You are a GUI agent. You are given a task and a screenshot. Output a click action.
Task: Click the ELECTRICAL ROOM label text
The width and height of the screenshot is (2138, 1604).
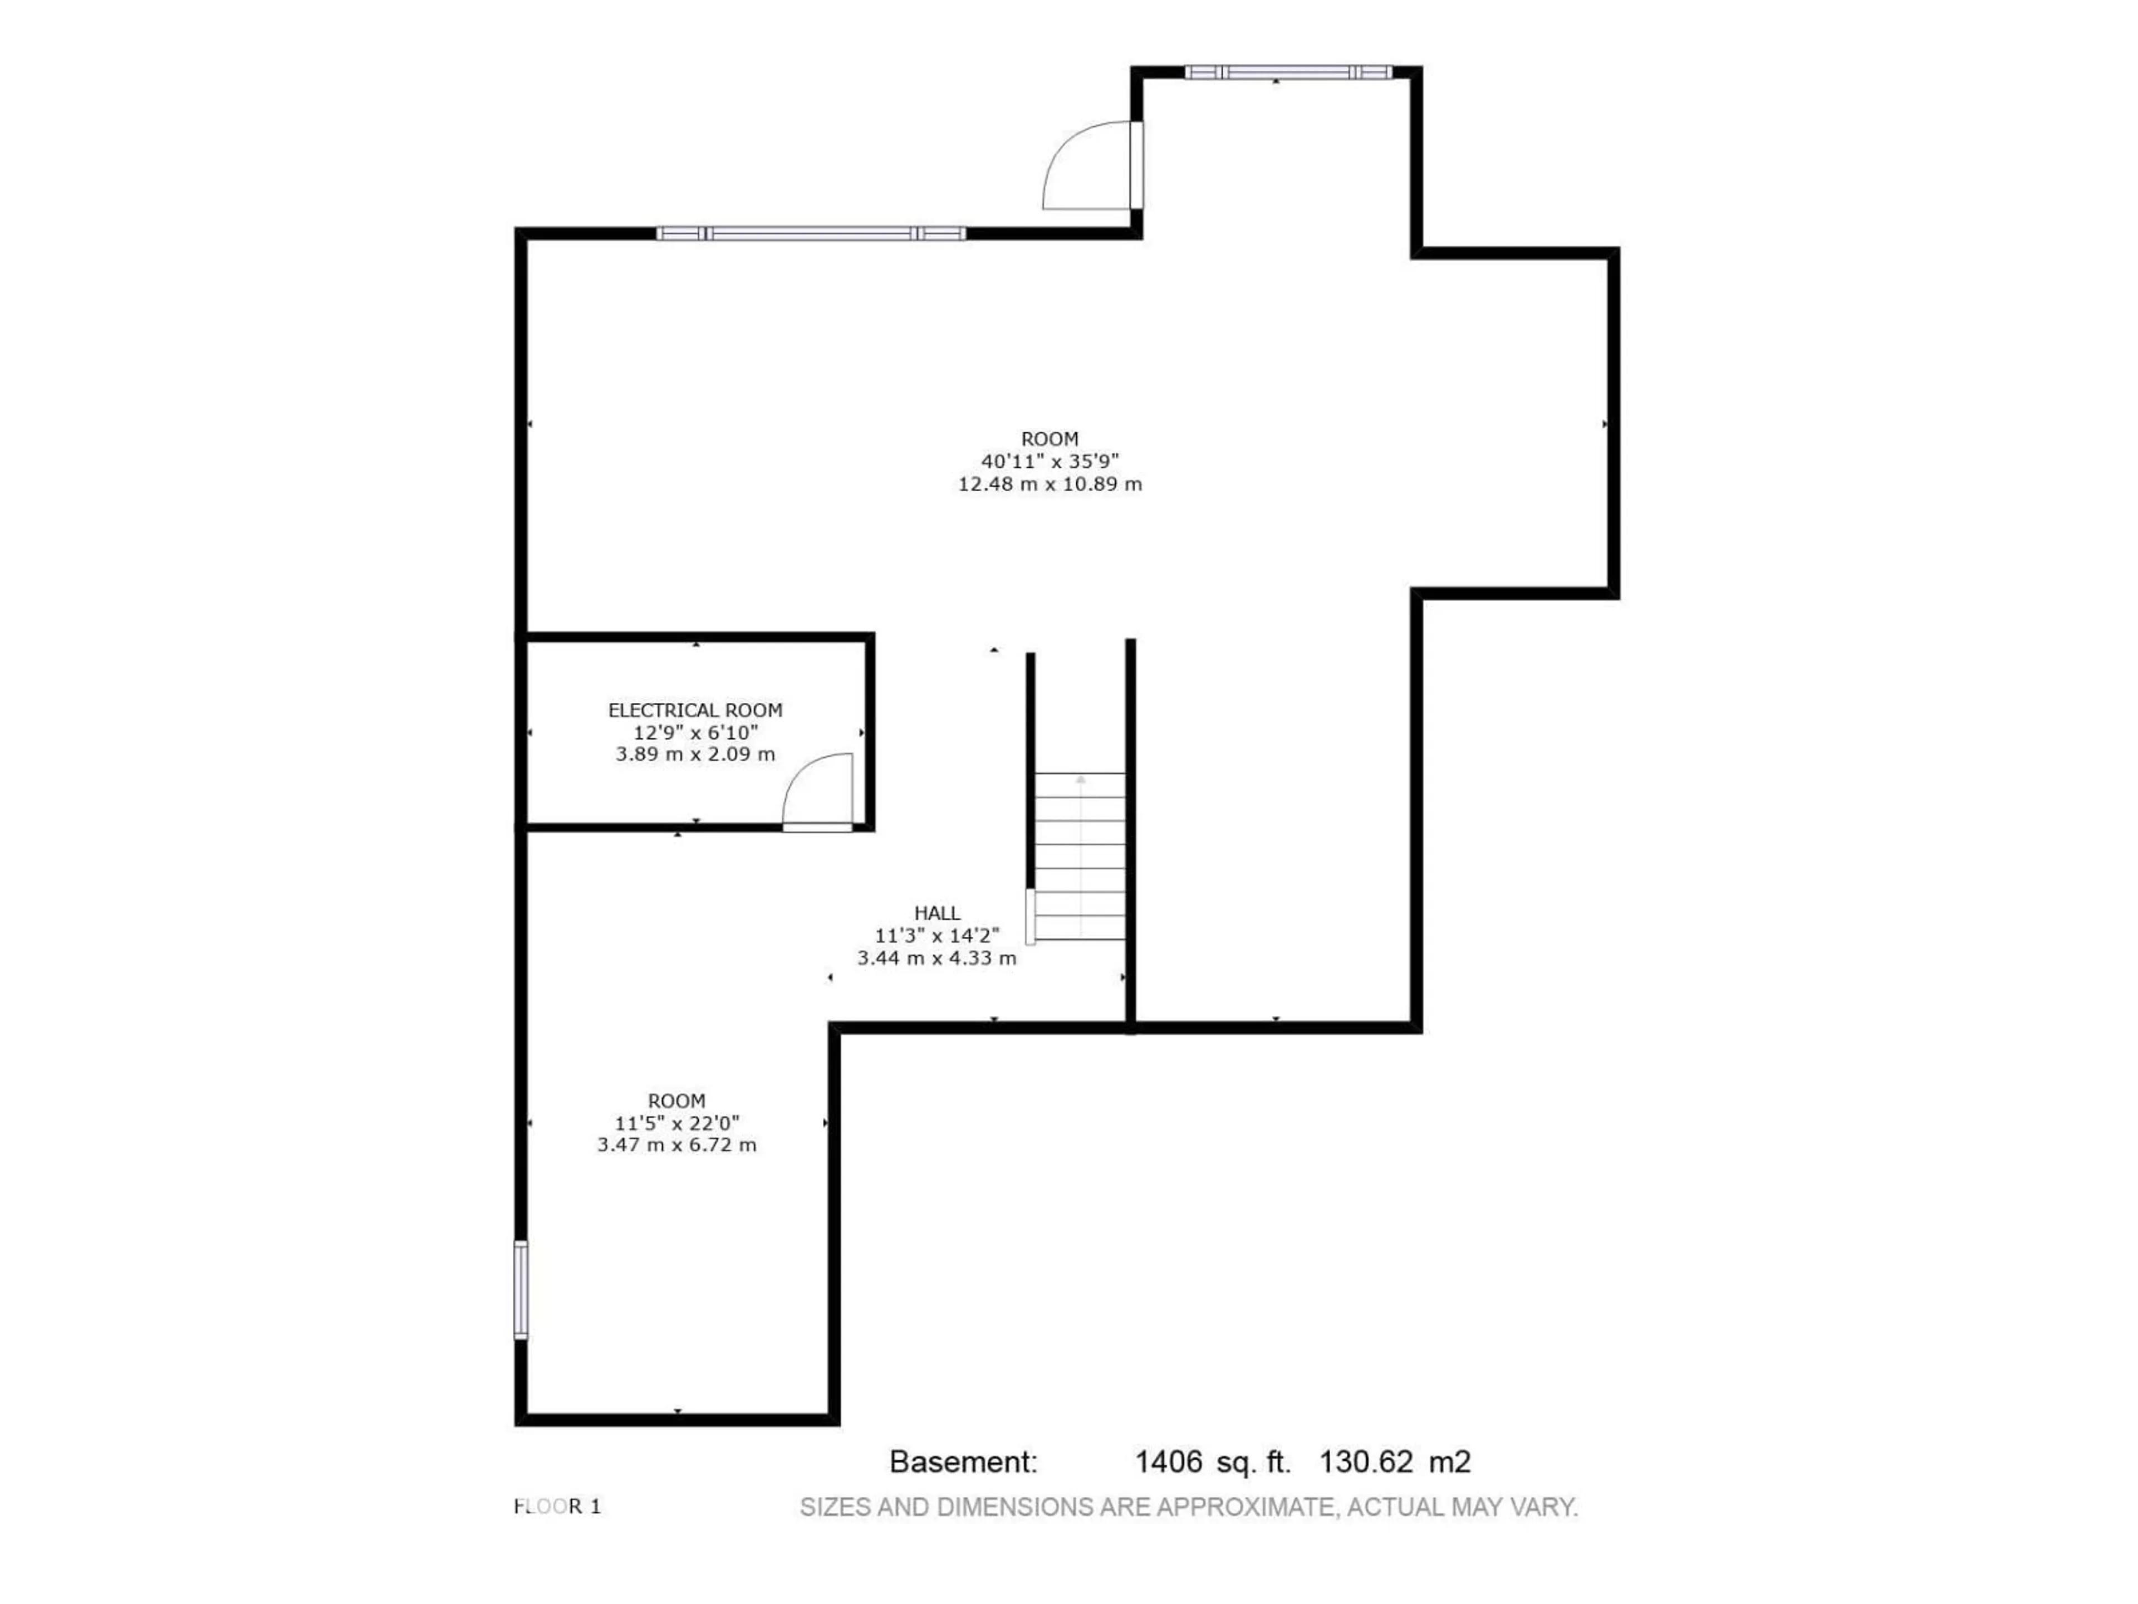click(x=695, y=711)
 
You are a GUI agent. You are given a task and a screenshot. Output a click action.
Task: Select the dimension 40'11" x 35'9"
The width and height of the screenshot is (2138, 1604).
click(x=1050, y=461)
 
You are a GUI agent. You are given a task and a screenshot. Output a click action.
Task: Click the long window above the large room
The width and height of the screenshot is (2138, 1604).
click(x=810, y=233)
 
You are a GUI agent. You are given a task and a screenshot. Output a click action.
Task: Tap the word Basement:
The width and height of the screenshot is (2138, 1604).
click(x=963, y=1462)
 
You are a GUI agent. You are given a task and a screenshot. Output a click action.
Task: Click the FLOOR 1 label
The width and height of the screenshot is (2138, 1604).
click(x=558, y=1507)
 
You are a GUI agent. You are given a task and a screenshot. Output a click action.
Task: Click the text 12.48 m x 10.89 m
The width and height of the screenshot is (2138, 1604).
click(x=1050, y=485)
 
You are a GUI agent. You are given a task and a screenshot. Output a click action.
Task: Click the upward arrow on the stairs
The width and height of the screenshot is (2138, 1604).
click(x=1081, y=779)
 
